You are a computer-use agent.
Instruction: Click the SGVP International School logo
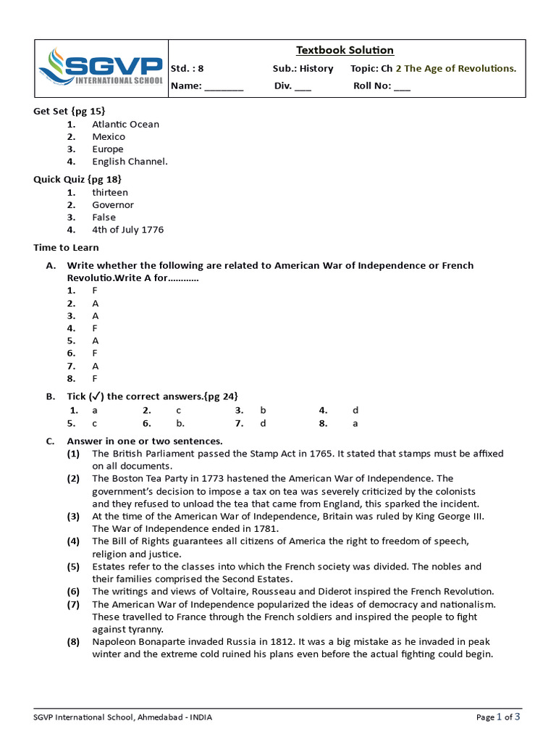[101, 68]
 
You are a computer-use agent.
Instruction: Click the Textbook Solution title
[345, 50]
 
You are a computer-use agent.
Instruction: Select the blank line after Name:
[224, 86]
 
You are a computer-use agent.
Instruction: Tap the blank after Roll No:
[402, 86]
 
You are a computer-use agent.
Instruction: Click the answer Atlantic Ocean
[125, 124]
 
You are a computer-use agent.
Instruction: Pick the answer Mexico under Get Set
[108, 136]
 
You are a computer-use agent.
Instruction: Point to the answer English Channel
[130, 162]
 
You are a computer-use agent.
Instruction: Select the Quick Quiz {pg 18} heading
[77, 178]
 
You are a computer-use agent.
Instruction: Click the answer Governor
[112, 204]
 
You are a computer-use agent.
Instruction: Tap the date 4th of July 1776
[127, 230]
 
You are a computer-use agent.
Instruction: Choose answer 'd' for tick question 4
[355, 410]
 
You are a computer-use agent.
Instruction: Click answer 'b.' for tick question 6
[180, 423]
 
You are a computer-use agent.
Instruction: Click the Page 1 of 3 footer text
[498, 717]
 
